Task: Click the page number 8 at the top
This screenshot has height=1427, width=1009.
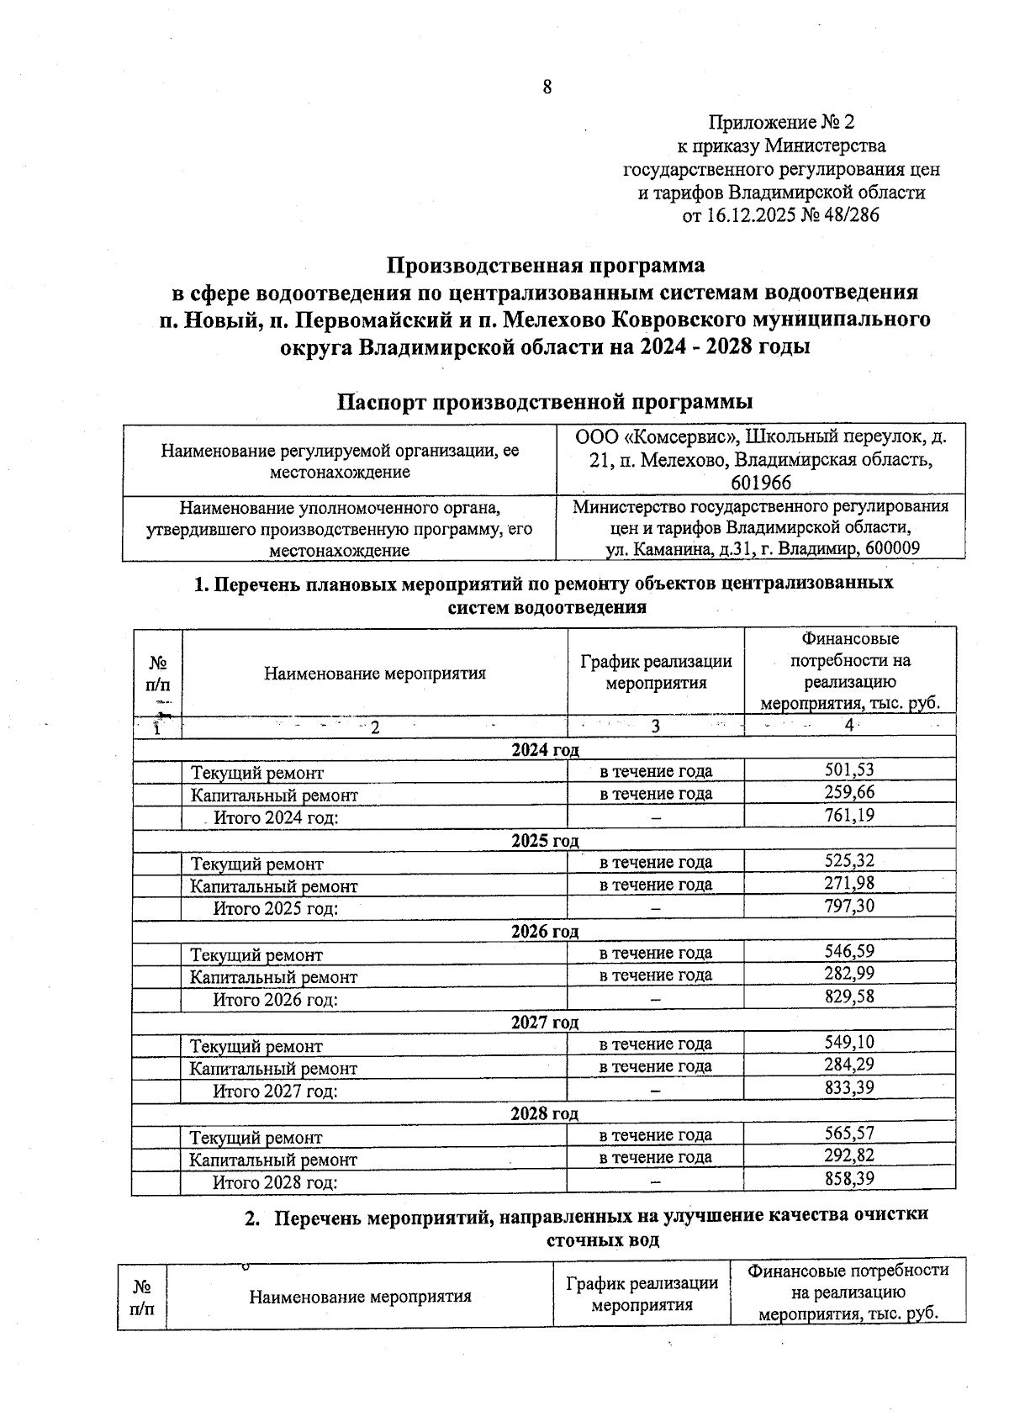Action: (547, 86)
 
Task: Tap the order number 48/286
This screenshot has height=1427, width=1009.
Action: (852, 215)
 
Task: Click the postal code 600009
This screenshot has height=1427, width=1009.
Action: (890, 549)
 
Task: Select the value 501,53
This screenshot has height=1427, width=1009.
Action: (849, 769)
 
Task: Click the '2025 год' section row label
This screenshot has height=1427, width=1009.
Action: (545, 841)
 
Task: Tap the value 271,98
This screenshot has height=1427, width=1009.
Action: (849, 884)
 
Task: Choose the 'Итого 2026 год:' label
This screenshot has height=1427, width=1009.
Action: (275, 1000)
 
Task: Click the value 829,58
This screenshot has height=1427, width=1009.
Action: (849, 996)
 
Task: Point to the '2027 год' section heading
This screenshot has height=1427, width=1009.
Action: (545, 1023)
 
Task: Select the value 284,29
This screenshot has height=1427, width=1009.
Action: (849, 1065)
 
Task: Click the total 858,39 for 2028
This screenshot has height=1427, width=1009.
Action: (849, 1178)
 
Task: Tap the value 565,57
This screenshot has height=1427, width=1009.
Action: (849, 1134)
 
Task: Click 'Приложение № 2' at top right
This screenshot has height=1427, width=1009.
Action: (781, 123)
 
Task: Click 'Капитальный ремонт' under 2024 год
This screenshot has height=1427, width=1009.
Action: (274, 795)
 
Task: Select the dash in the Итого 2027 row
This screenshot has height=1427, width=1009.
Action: (655, 1091)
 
